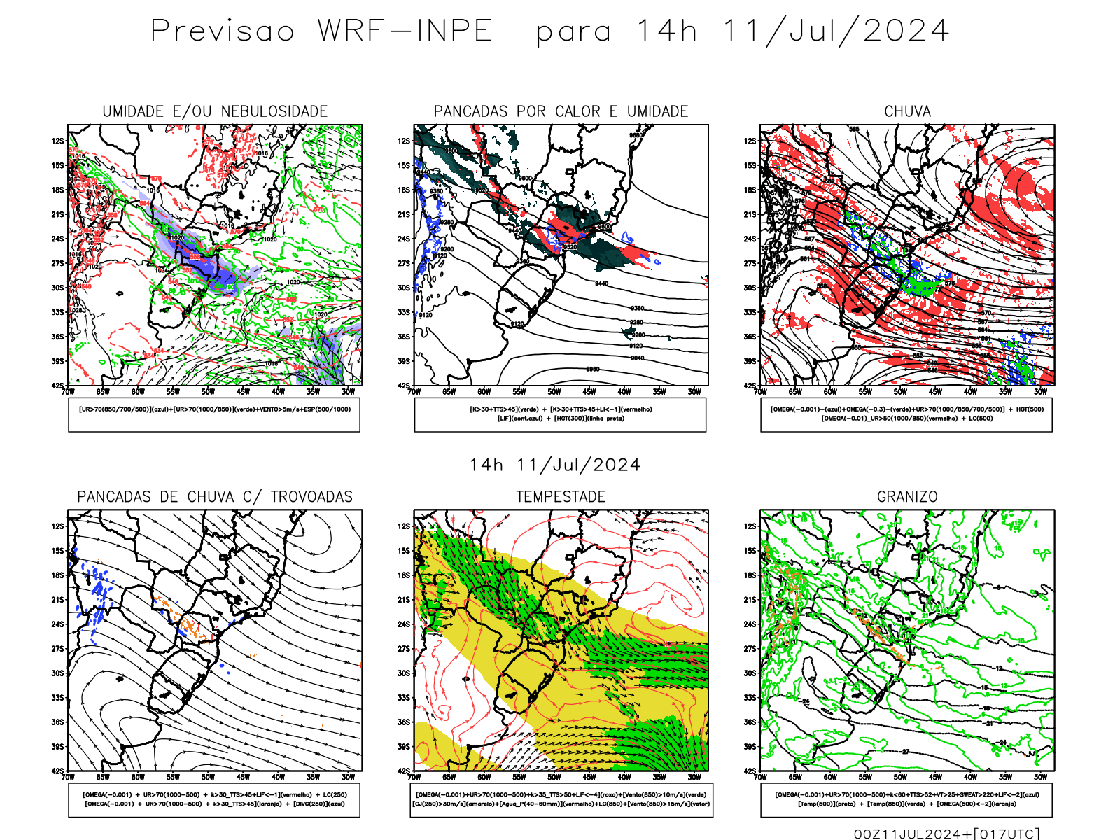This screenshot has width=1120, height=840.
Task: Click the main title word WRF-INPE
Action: (x=405, y=31)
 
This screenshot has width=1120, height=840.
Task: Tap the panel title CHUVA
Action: (x=907, y=111)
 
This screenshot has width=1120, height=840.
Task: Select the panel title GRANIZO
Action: (x=907, y=496)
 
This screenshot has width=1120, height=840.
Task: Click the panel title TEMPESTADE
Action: (x=561, y=496)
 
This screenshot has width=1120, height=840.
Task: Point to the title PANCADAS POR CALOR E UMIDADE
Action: (x=561, y=111)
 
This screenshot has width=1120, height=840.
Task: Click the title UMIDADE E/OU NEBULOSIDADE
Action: (x=215, y=111)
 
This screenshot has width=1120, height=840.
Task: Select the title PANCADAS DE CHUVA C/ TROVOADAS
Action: (x=215, y=496)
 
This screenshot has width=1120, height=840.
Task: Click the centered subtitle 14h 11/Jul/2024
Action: (x=555, y=465)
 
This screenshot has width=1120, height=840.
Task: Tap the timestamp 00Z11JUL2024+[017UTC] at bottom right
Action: (x=946, y=834)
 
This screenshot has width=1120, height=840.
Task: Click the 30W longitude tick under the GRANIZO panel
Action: (x=1040, y=777)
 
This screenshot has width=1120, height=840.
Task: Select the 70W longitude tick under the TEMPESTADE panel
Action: (x=414, y=777)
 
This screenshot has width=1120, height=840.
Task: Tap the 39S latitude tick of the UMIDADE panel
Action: (x=57, y=361)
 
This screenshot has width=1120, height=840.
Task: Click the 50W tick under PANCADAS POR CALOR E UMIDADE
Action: (x=554, y=392)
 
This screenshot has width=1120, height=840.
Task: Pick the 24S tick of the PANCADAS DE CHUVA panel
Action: (x=57, y=624)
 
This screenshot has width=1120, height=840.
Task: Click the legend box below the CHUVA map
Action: (x=906, y=414)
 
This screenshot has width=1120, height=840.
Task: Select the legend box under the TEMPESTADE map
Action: (x=561, y=799)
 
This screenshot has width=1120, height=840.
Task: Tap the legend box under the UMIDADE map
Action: (x=214, y=414)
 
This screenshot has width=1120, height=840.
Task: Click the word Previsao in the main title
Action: (x=223, y=31)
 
